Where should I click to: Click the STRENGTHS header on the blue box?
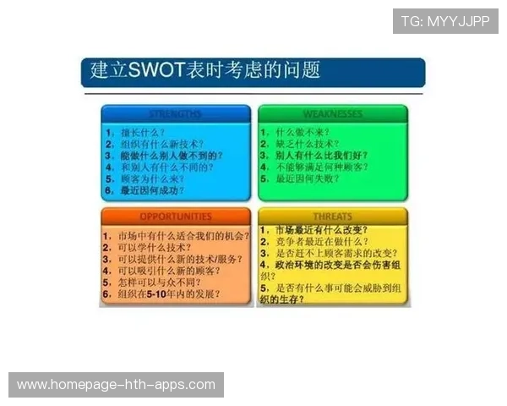click(175, 113)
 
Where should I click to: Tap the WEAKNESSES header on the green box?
click(332, 113)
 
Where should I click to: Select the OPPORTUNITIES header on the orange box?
click(175, 217)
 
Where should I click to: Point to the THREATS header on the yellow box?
click(332, 217)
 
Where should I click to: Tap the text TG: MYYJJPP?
click(445, 21)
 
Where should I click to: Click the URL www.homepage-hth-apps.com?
click(116, 385)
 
